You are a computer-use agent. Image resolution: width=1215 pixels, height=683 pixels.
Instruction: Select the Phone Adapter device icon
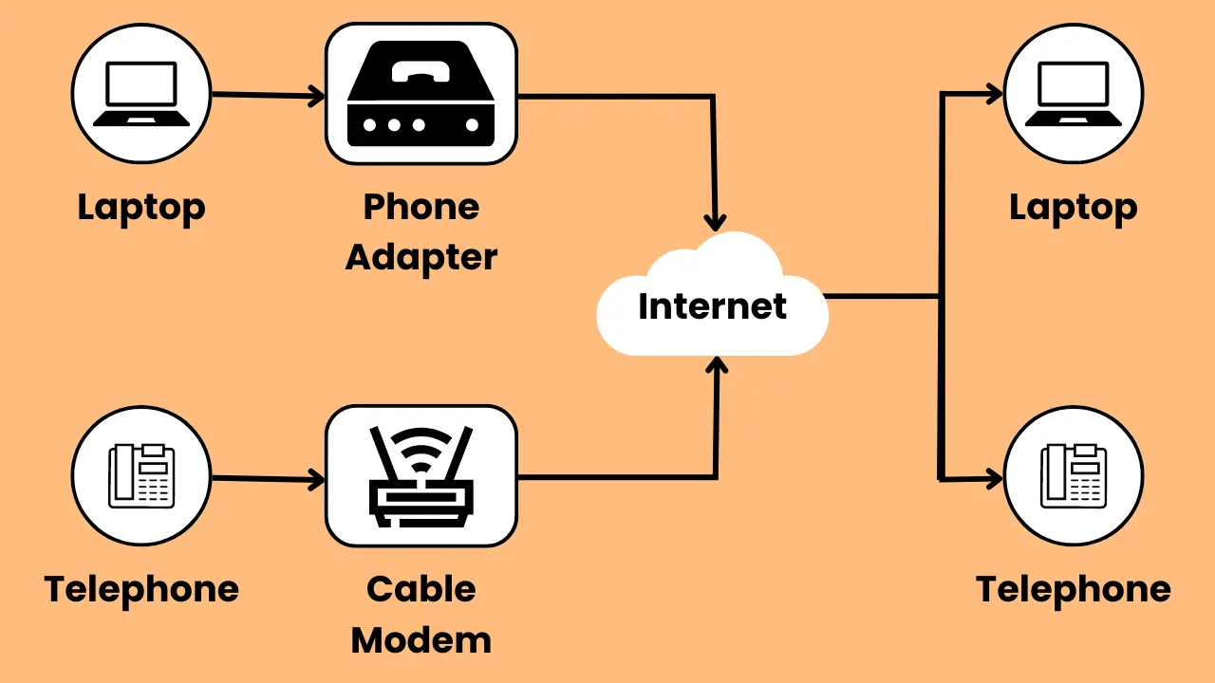pyautogui.click(x=421, y=95)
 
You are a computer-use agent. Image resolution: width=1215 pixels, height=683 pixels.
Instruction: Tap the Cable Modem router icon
pyautogui.click(x=421, y=476)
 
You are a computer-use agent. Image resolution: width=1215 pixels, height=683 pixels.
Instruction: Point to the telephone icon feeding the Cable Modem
pyautogui.click(x=141, y=476)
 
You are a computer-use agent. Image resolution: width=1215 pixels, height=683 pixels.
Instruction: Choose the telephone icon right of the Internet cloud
pyautogui.click(x=1074, y=476)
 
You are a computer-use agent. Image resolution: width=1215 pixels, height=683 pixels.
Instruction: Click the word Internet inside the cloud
pyautogui.click(x=712, y=306)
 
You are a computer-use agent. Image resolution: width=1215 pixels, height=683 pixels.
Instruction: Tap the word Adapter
pyautogui.click(x=421, y=257)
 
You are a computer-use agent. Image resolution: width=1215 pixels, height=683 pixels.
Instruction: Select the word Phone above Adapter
pyautogui.click(x=421, y=207)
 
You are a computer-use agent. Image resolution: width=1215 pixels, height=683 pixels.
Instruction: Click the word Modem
pyautogui.click(x=421, y=640)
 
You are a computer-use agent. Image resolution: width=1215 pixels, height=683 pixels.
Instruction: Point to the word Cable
pyautogui.click(x=421, y=589)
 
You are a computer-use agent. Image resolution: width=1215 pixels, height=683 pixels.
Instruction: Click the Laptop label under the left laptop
pyautogui.click(x=141, y=208)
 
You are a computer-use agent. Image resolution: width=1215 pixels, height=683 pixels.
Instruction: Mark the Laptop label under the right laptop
pyautogui.click(x=1074, y=208)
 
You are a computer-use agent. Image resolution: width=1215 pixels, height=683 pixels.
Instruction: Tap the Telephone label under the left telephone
pyautogui.click(x=141, y=589)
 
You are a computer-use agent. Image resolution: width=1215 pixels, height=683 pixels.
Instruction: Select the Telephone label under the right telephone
pyautogui.click(x=1074, y=589)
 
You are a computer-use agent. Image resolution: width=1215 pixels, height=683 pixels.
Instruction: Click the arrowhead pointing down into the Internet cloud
pyautogui.click(x=715, y=220)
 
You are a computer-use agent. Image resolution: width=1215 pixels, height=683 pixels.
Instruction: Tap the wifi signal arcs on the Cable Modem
pyautogui.click(x=421, y=446)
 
